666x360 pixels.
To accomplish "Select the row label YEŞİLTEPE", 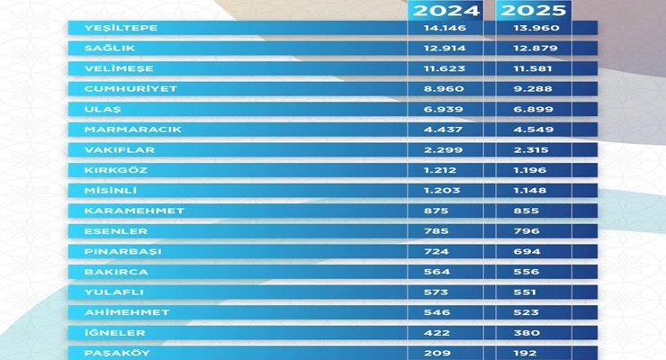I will click(x=108, y=28).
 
